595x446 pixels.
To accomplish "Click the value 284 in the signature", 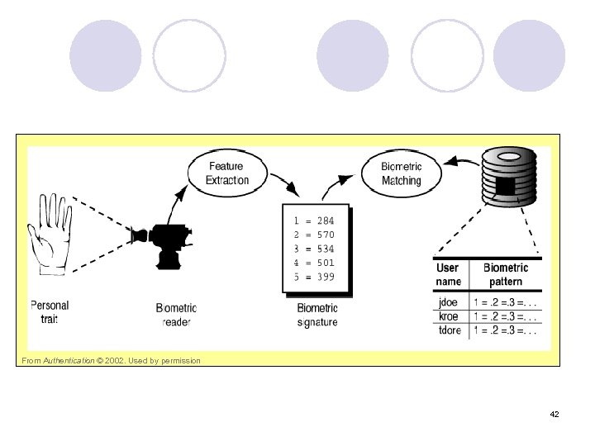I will pos(325,221).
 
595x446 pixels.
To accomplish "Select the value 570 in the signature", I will pos(325,235).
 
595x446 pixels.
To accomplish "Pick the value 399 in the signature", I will pos(325,277).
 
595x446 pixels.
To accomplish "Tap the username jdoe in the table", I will pos(449,302).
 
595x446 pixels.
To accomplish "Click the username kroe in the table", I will pos(449,316).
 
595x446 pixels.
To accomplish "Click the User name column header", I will pos(449,274).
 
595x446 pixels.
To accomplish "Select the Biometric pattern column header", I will pos(505,274).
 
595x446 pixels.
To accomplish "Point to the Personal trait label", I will pos(50,311).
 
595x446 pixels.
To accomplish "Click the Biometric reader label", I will pos(176,315).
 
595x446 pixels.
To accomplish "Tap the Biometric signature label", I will pos(317,315).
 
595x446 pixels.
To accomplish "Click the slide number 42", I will pos(554,414).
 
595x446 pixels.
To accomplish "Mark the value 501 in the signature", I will pos(325,263).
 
